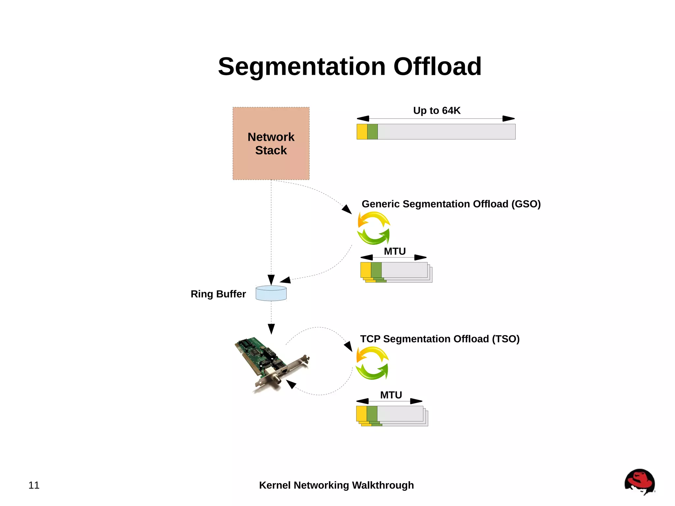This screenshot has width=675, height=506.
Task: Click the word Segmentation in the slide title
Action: point(301,67)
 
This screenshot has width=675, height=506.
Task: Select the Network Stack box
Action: point(271,143)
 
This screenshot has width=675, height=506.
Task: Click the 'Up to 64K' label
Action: point(436,110)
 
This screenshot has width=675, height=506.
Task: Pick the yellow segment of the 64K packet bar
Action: point(362,132)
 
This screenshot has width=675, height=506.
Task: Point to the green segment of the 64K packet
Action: point(372,132)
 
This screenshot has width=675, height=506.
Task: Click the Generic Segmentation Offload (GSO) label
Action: point(451,204)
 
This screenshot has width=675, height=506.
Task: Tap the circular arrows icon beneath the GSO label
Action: point(374,228)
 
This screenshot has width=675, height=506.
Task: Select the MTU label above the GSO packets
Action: point(395,252)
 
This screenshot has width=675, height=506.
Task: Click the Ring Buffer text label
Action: point(218,294)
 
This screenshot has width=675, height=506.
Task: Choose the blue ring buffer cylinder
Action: point(271,293)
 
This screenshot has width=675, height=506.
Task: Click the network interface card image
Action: point(270,363)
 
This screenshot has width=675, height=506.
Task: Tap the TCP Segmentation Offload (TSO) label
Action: point(440,339)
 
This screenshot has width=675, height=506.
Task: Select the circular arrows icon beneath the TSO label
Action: point(372,363)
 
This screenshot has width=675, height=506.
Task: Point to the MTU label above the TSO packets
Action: point(391,395)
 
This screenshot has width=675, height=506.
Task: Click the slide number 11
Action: point(34,485)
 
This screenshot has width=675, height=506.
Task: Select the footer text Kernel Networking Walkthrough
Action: point(336,485)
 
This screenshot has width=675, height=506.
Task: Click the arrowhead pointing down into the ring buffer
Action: point(271,280)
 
